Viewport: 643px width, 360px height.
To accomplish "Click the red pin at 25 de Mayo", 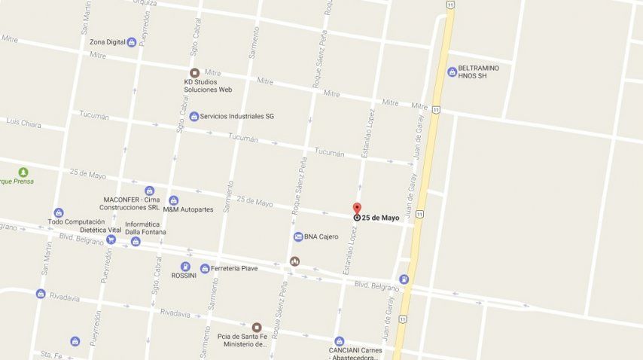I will [x=357, y=209].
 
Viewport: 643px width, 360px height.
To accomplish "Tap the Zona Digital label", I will [x=108, y=42].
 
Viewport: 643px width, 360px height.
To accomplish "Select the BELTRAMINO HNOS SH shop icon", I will [x=452, y=72].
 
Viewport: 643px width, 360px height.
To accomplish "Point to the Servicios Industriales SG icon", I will [x=194, y=116].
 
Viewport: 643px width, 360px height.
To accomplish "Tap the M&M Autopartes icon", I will [x=174, y=200].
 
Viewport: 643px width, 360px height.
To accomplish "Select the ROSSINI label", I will [x=184, y=275].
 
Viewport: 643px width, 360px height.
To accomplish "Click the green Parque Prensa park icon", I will [x=23, y=172].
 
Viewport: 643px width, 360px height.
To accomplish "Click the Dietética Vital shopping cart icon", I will [x=111, y=239].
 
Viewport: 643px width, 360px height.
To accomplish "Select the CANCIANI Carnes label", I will [x=355, y=350].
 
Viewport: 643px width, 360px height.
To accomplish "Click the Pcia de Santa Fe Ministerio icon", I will [x=257, y=327].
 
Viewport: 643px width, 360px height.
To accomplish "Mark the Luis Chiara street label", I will [x=23, y=121].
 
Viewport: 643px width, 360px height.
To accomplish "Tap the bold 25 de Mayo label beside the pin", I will [x=380, y=218].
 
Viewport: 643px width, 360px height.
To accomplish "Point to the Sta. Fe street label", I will [x=50, y=354].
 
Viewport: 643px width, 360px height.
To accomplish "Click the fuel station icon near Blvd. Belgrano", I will [x=404, y=279].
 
